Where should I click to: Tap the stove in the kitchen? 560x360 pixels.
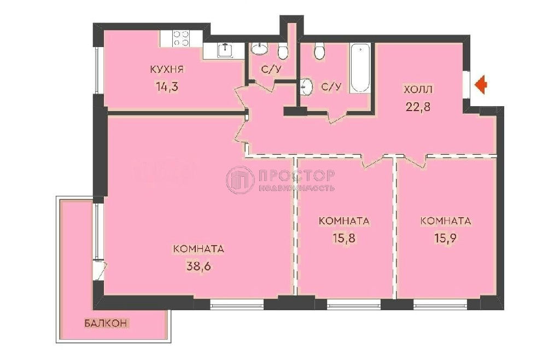(x=180, y=38)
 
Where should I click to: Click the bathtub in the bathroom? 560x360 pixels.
(x=360, y=68)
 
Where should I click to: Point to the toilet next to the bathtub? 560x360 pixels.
(x=319, y=51)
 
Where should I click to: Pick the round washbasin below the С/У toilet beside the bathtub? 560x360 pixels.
(x=307, y=86)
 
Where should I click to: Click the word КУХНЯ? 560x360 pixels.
(x=167, y=69)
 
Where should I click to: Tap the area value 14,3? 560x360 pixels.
(x=166, y=86)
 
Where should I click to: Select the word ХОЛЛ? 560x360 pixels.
(x=418, y=89)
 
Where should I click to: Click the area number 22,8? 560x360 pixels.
(x=418, y=107)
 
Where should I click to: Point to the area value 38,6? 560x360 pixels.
(x=199, y=266)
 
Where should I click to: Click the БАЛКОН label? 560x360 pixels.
(x=106, y=323)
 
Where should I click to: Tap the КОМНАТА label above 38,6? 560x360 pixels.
(x=199, y=249)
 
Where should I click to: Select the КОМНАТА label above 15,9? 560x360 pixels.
(x=446, y=221)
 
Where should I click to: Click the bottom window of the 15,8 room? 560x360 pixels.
(x=354, y=304)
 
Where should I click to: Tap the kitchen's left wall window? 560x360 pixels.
(x=98, y=70)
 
